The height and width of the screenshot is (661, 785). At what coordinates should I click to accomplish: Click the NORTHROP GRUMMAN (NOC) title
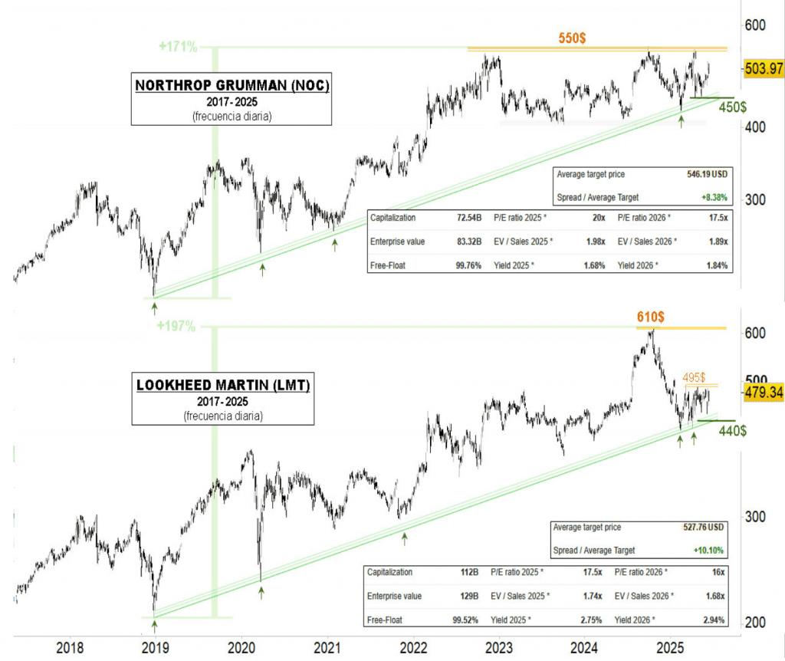click(x=232, y=85)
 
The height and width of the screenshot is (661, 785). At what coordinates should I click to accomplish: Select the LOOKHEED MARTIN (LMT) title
click(x=222, y=385)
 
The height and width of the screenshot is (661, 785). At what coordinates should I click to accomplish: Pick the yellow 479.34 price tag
click(x=764, y=392)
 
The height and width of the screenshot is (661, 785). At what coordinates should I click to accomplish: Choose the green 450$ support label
click(x=734, y=108)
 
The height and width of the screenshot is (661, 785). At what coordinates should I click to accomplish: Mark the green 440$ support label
click(x=733, y=432)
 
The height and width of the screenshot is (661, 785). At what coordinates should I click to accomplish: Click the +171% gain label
click(x=178, y=47)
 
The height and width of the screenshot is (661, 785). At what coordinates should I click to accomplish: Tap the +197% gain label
click(x=176, y=326)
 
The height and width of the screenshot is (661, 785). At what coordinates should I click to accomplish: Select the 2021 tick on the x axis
click(x=327, y=646)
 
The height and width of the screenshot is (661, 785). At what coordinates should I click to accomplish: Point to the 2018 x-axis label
click(x=71, y=646)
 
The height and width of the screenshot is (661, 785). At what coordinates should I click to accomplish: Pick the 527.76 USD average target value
click(x=701, y=528)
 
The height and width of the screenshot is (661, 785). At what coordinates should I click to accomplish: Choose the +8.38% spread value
click(x=714, y=198)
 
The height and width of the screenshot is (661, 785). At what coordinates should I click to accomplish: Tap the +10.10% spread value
click(x=708, y=551)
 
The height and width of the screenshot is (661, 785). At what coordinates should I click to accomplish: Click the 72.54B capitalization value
click(x=468, y=218)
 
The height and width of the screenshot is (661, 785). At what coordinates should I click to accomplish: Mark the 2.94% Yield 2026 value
click(x=714, y=618)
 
